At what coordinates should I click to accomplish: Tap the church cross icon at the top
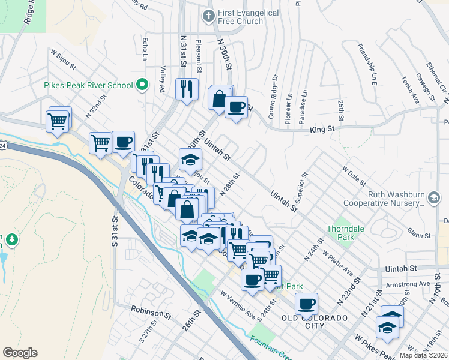pyautogui.click(x=209, y=16)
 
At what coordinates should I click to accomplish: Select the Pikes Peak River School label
pyautogui.click(x=88, y=85)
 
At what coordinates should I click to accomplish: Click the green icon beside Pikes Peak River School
pyautogui.click(x=143, y=85)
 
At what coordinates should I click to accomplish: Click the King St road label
pyautogui.click(x=321, y=130)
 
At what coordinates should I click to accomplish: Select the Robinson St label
pyautogui.click(x=147, y=312)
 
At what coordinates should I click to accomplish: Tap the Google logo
pyautogui.click(x=20, y=353)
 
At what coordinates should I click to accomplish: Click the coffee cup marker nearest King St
pyautogui.click(x=236, y=107)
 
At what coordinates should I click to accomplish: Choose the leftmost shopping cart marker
pyautogui.click(x=57, y=121)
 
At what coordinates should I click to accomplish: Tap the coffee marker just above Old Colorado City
pyautogui.click(x=307, y=304)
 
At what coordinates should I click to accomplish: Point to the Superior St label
pyautogui.click(x=301, y=187)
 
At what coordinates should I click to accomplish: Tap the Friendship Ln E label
pyautogui.click(x=366, y=65)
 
